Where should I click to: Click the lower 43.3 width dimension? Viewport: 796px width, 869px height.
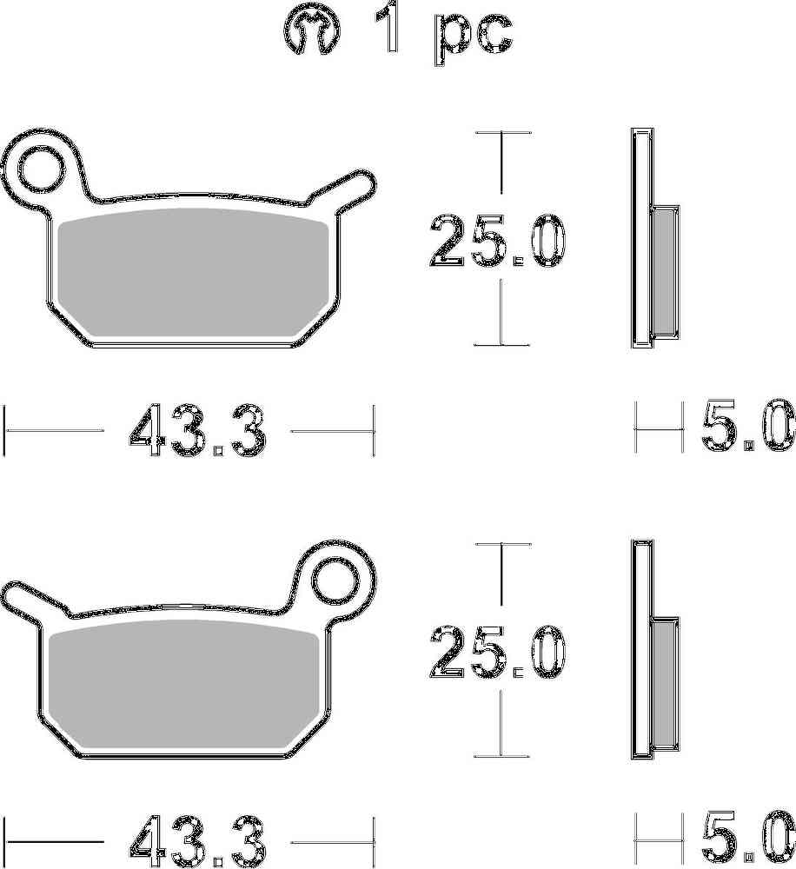point(196,842)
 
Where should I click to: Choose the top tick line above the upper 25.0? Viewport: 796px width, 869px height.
point(502,133)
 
